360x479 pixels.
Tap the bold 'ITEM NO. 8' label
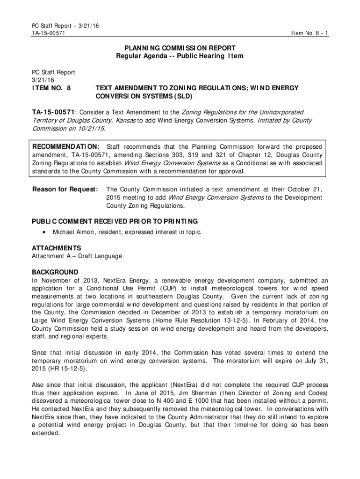[x=51, y=88]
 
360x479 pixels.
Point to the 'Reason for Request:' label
[x=65, y=189]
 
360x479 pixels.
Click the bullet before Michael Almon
[x=44, y=232]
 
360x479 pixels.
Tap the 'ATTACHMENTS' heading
[x=57, y=248]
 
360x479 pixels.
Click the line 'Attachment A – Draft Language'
[x=77, y=256]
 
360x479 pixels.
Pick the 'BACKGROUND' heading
[x=55, y=272]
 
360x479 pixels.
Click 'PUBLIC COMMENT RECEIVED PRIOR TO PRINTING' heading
[x=115, y=221]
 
